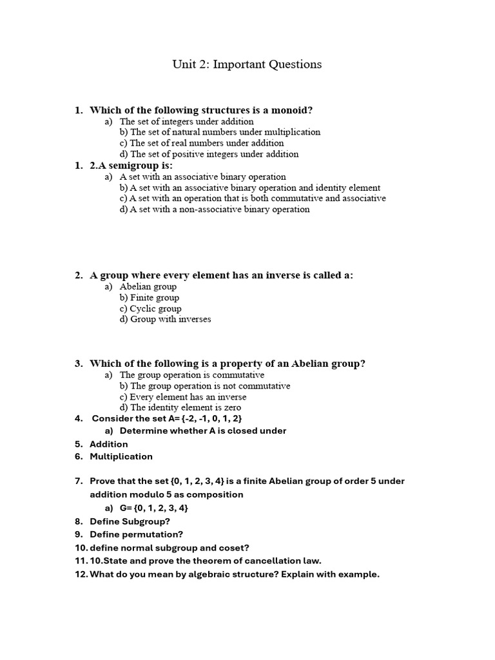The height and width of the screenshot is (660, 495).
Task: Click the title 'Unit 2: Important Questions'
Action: click(x=247, y=64)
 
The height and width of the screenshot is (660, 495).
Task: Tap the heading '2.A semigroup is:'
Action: click(x=131, y=166)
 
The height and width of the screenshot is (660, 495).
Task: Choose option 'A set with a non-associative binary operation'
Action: click(x=214, y=209)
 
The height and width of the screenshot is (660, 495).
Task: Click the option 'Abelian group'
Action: click(x=148, y=287)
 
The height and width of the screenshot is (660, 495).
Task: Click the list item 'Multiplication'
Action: click(x=121, y=456)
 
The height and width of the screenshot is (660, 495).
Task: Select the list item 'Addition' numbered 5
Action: click(x=109, y=444)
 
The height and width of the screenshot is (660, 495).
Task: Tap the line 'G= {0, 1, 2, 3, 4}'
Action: click(x=154, y=508)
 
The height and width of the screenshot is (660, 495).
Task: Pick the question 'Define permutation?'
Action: click(x=137, y=534)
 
